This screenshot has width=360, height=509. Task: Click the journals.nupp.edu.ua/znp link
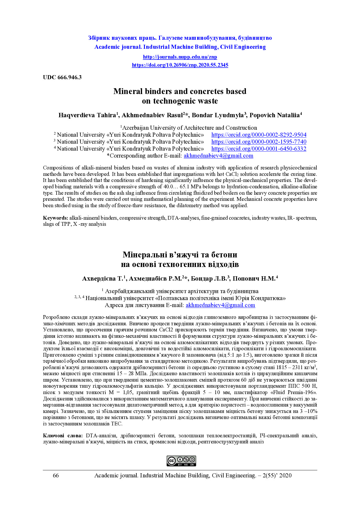pos(180,57)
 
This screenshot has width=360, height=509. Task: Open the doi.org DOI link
pos(180,65)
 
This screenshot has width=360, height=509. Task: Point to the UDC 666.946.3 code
pos(62,77)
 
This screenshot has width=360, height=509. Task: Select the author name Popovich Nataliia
pos(274,115)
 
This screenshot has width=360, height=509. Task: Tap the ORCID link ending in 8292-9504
pos(259,135)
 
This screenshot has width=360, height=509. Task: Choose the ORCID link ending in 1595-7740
pos(259,142)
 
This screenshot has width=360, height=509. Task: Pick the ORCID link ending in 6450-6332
pos(259,149)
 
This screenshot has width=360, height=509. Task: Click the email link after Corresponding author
pos(218,156)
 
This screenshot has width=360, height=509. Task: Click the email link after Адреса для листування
pos(220,305)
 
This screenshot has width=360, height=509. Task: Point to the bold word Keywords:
pos(55,218)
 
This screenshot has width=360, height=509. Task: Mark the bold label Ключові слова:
pos(63,436)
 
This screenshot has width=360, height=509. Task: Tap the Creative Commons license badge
pos(181,461)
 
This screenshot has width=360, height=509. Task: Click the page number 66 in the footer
pos(56,476)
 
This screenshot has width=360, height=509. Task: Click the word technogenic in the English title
pos(175,101)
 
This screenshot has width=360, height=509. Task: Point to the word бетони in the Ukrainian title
pos(222,255)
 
